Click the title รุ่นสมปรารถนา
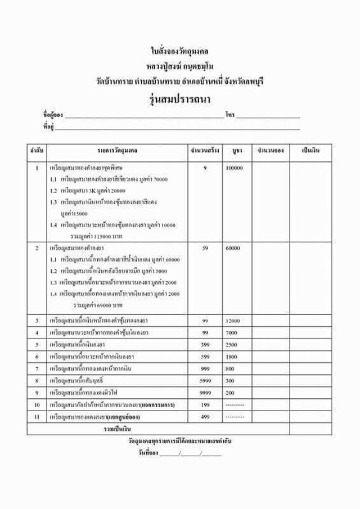tap(180, 99)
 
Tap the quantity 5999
tap(205, 381)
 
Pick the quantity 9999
tap(205, 393)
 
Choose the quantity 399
tap(205, 344)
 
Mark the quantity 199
tap(205, 405)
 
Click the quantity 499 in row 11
tap(205, 417)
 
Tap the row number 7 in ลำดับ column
tap(37, 368)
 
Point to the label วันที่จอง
tap(147, 453)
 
